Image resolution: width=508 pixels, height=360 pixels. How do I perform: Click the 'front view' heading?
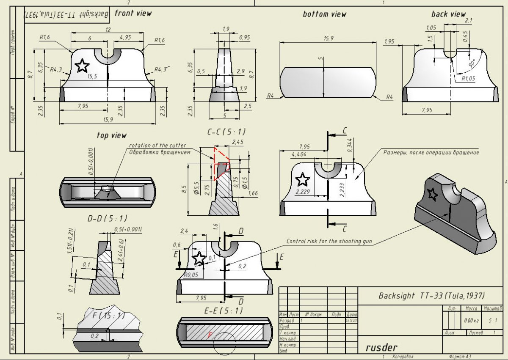(x=133, y=13)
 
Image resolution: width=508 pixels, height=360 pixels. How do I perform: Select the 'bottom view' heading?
(x=324, y=14)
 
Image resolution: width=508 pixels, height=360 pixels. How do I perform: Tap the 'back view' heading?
(x=448, y=14)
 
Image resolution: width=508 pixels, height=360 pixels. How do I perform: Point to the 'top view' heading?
(x=111, y=135)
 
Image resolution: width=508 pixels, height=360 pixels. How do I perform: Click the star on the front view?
(x=82, y=66)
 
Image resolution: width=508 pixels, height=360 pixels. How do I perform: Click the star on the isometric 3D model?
(x=432, y=194)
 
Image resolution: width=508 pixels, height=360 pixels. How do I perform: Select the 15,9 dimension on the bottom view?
(x=329, y=38)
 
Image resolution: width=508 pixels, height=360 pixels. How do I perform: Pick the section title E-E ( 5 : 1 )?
(x=224, y=311)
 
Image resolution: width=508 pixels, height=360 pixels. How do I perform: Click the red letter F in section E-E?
(x=210, y=335)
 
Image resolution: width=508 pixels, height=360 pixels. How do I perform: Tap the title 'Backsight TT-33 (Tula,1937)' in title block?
(x=431, y=296)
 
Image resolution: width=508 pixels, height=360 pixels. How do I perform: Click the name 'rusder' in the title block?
(x=381, y=348)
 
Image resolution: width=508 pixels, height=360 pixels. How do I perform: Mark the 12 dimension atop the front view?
(x=108, y=29)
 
